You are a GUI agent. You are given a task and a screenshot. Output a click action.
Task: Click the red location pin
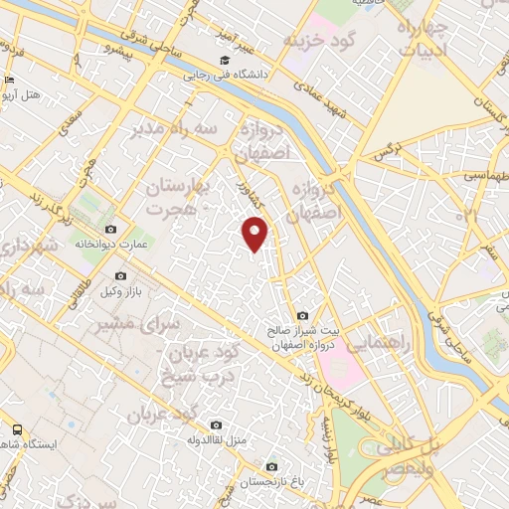256,234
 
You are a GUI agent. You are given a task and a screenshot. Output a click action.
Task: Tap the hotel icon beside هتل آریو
9,81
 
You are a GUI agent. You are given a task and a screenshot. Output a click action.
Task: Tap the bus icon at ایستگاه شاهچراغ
17,429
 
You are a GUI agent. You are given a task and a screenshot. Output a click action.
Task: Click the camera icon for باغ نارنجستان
271,464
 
